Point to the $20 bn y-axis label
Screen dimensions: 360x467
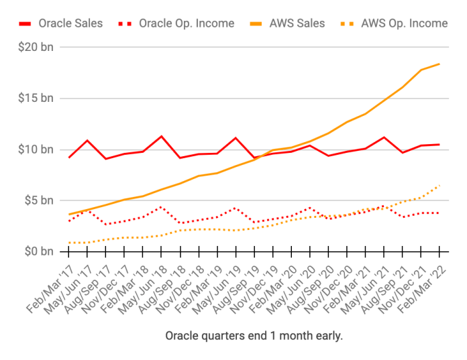pyautogui.click(x=38, y=47)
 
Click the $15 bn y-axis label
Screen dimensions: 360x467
pyautogui.click(x=38, y=98)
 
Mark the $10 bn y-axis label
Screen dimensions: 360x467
pyautogui.click(x=38, y=149)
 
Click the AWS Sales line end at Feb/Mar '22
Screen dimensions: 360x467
pyautogui.click(x=439, y=64)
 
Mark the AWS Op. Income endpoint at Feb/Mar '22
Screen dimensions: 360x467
pyautogui.click(x=439, y=185)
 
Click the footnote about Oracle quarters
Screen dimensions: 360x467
pyautogui.click(x=254, y=335)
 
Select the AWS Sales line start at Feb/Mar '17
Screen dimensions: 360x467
pyautogui.click(x=69, y=214)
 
